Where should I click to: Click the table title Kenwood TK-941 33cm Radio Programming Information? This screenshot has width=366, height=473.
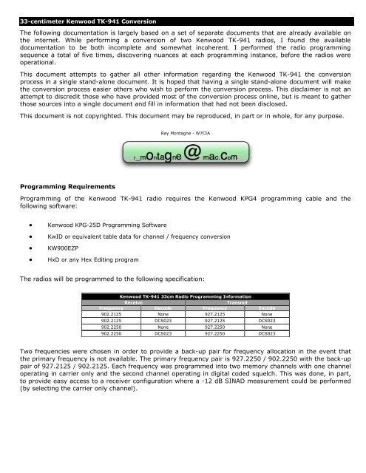[183, 296]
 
